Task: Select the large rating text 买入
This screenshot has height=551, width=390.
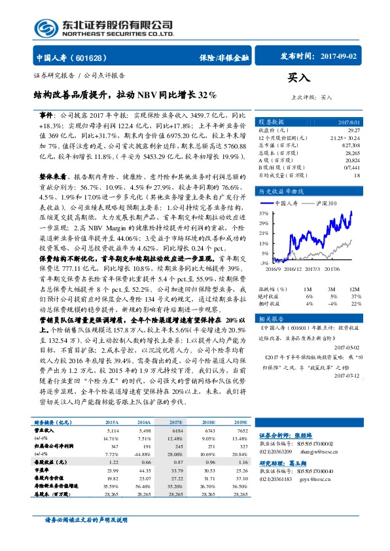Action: pyautogui.click(x=299, y=78)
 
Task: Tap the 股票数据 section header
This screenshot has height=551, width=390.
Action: pyautogui.click(x=271, y=122)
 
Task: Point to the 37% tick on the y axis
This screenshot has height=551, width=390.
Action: pyautogui.click(x=264, y=213)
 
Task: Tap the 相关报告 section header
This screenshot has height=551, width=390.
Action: pyautogui.click(x=271, y=318)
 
